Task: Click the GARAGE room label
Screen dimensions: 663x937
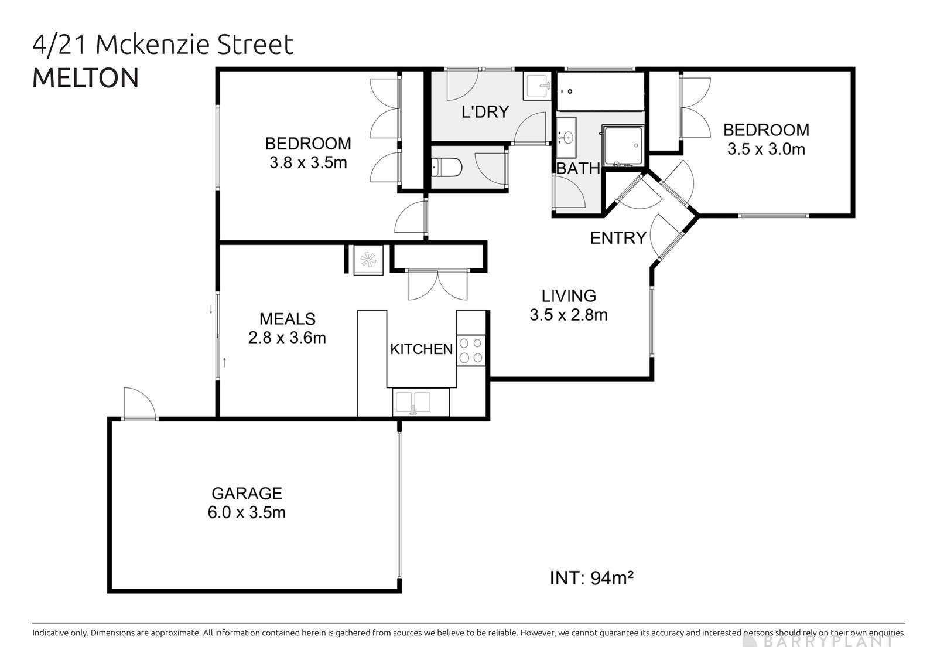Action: point(247,493)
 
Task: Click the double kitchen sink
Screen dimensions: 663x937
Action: point(413,403)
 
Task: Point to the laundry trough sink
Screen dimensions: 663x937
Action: point(537,86)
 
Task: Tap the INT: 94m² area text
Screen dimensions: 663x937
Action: point(591,578)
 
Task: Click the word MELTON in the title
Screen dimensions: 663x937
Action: point(86,78)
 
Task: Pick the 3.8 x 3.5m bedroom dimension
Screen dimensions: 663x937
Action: point(308,163)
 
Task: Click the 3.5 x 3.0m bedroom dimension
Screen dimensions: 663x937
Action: point(765,149)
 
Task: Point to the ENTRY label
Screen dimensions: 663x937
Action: point(617,238)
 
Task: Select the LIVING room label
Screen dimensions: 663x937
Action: point(568,295)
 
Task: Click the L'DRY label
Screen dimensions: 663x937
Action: point(485,112)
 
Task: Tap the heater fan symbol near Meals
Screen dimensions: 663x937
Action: point(368,259)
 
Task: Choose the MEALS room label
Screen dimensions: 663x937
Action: point(287,319)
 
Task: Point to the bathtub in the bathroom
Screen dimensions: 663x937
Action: point(600,91)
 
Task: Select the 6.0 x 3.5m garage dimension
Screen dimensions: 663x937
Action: point(247,512)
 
